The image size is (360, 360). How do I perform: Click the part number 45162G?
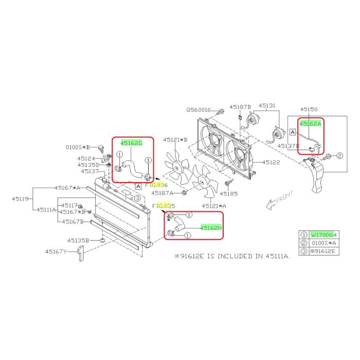(131, 143)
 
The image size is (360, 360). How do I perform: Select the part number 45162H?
(211, 228)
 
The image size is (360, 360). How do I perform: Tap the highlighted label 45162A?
(310, 124)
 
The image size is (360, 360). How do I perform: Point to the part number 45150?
(309, 109)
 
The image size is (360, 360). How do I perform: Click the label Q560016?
(199, 110)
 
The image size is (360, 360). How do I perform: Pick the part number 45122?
(271, 163)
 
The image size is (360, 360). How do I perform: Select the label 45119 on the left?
(21, 199)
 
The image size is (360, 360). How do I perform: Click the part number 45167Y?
(56, 251)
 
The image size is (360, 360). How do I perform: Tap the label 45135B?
(78, 240)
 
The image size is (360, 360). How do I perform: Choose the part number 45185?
(229, 193)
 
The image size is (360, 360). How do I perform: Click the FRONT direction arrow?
(271, 204)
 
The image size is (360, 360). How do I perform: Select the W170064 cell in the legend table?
(324, 235)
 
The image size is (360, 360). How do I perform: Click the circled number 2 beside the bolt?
(340, 156)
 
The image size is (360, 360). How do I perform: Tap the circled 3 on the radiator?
(137, 198)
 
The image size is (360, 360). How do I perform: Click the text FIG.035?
(164, 206)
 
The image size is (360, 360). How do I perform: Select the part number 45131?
(267, 105)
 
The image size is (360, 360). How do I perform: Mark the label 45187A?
(163, 193)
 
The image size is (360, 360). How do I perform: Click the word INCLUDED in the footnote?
(235, 256)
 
